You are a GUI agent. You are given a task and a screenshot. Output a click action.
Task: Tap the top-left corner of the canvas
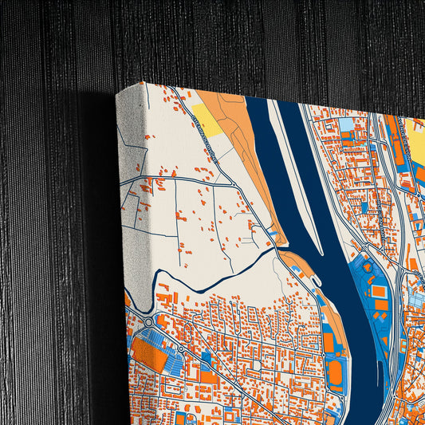117,94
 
